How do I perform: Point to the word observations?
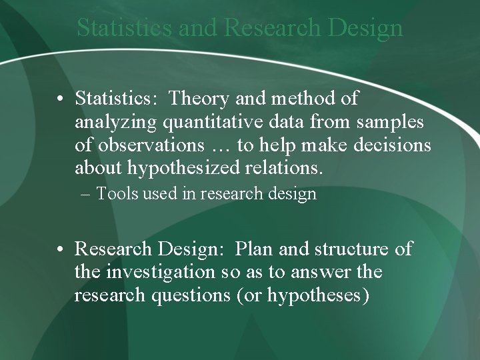(152, 146)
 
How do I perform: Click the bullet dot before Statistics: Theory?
(61, 99)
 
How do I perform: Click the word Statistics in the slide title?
(125, 28)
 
